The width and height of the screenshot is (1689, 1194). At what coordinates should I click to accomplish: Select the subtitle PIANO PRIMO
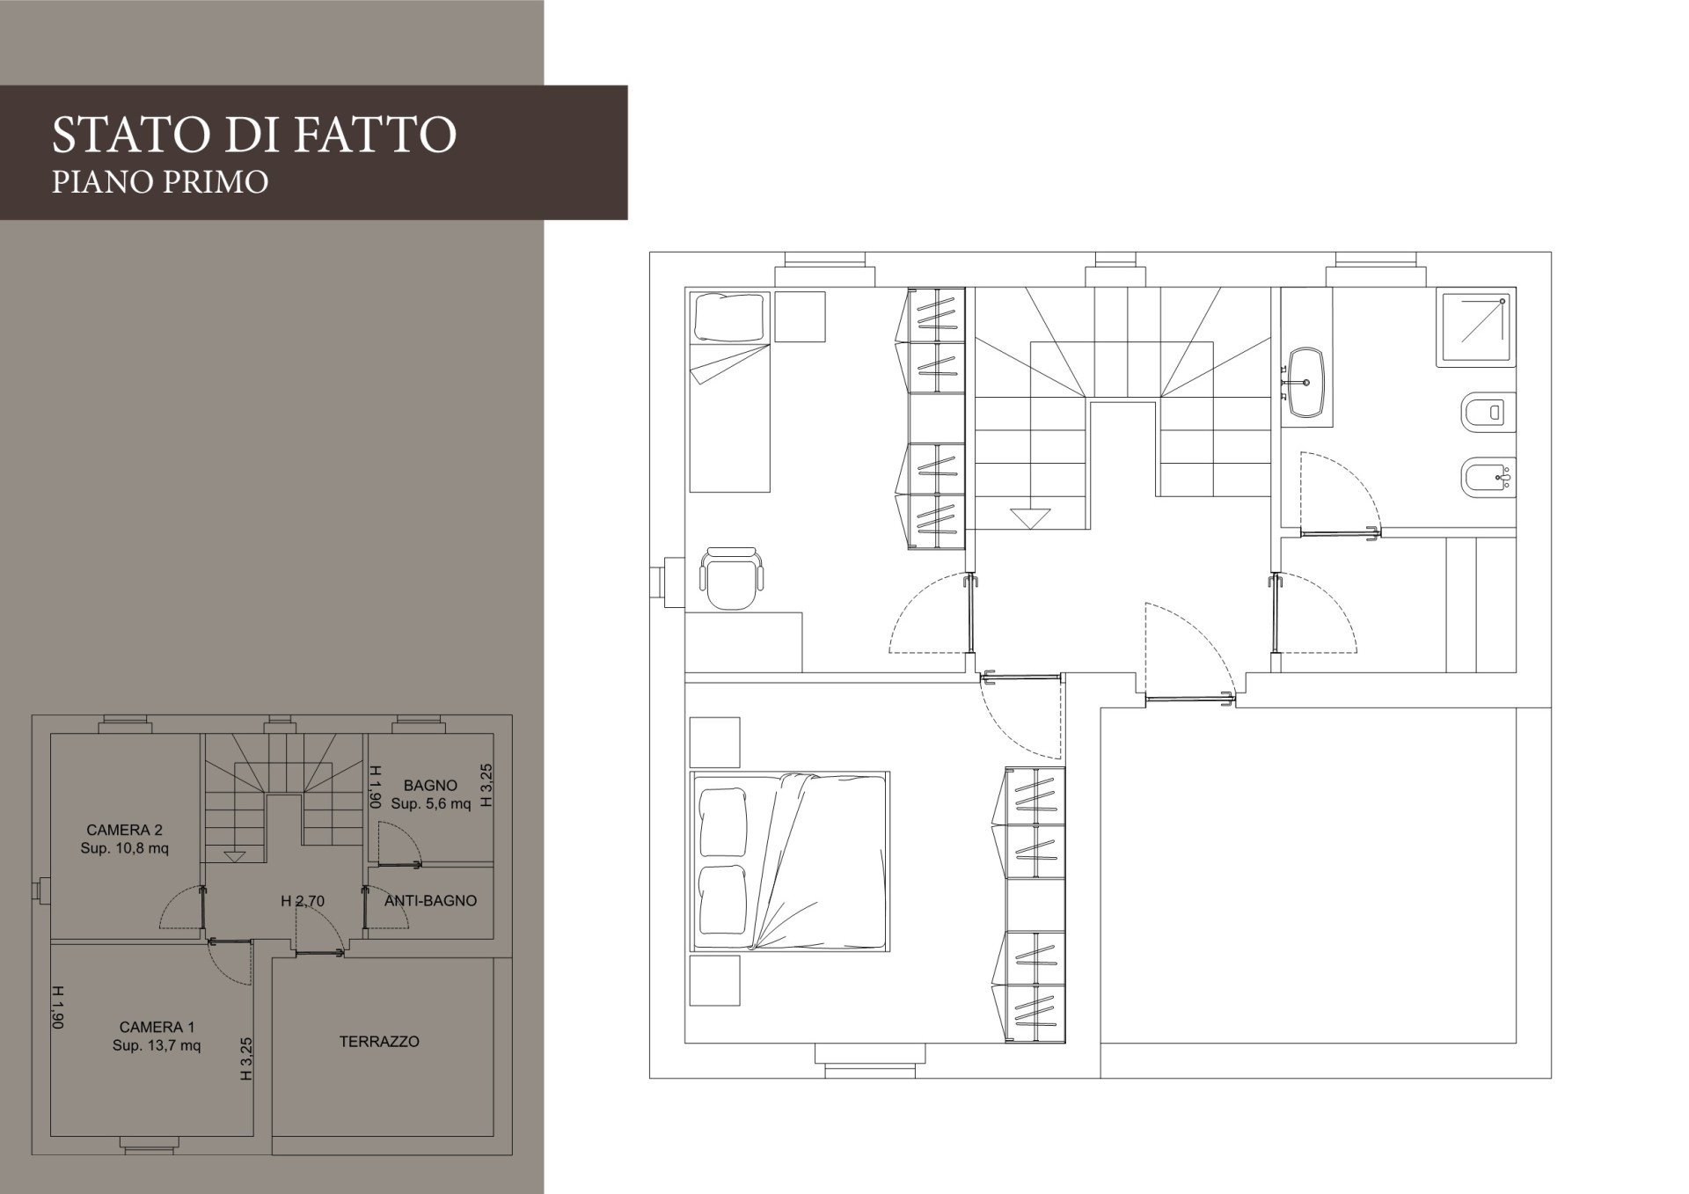click(x=160, y=181)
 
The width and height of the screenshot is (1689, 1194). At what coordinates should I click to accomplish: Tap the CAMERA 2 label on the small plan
click(x=125, y=830)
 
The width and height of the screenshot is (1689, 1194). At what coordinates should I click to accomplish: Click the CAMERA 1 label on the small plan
click(x=157, y=1027)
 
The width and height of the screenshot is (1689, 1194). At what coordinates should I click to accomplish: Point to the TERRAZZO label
click(x=379, y=1042)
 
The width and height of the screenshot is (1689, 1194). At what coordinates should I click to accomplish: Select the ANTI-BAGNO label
click(x=431, y=901)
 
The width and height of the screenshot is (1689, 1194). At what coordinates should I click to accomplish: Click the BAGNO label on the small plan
click(x=431, y=786)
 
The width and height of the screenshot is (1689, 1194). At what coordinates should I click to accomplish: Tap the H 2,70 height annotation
click(x=303, y=901)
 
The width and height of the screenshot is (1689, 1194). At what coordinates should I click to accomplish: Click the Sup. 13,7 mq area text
click(x=157, y=1045)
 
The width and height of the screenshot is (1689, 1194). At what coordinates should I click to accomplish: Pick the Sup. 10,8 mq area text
click(x=125, y=848)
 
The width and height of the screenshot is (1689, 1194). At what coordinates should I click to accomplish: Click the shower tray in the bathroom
click(x=1476, y=326)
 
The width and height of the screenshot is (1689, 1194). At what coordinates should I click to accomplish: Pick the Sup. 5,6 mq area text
click(x=431, y=804)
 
